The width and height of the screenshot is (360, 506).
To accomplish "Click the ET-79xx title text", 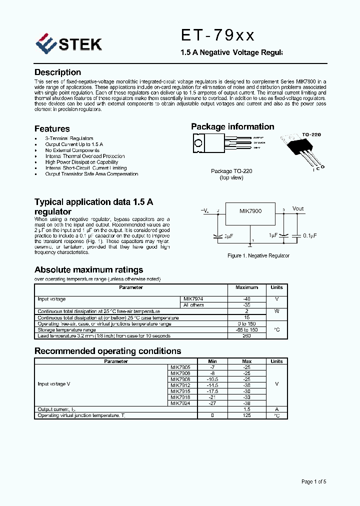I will click(x=217, y=35).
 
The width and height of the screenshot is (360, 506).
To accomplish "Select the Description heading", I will click(x=57, y=72).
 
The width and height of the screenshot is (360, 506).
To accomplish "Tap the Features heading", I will click(x=52, y=128).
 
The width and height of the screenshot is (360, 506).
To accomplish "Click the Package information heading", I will click(x=232, y=127).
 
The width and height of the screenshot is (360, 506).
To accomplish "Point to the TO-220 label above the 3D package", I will click(x=311, y=135).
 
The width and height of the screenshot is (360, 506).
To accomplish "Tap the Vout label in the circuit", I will click(x=298, y=208).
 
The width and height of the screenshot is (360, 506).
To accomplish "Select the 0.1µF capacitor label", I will click(x=308, y=235).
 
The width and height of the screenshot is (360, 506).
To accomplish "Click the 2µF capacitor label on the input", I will click(x=229, y=235).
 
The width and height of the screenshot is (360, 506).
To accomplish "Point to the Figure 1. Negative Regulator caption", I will click(x=258, y=255).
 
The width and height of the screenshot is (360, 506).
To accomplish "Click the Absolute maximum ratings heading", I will click(x=88, y=270).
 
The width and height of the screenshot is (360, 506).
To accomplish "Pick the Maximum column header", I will click(x=246, y=287).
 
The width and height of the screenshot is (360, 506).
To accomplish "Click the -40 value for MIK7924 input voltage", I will click(x=246, y=299).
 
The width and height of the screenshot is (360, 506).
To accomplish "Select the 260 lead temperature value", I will click(x=246, y=336).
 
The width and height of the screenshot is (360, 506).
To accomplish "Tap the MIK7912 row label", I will click(x=180, y=385).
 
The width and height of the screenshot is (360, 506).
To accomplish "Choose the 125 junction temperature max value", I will click(x=246, y=415).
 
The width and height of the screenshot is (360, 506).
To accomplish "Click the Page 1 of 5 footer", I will click(x=313, y=481).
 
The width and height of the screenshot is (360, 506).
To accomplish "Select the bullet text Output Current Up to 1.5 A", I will click(x=74, y=144).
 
